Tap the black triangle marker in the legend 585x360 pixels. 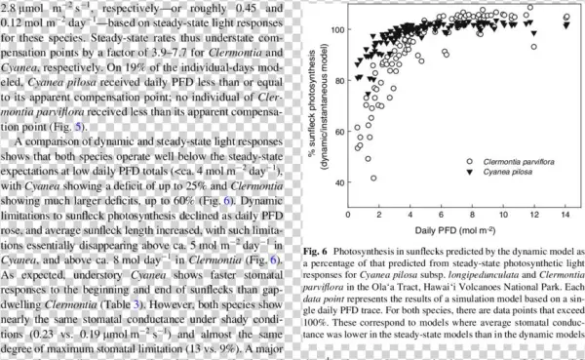(x=469, y=171)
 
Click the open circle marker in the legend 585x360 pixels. (x=469, y=159)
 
